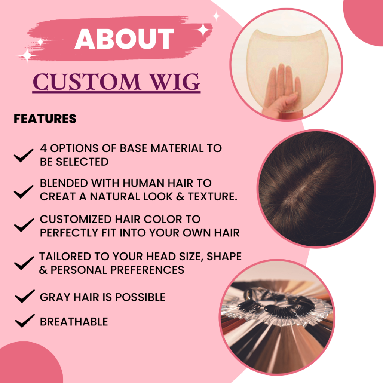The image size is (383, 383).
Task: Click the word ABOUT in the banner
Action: (x=124, y=39)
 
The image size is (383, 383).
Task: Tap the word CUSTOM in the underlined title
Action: (x=87, y=82)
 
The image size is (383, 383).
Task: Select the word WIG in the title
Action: (x=175, y=82)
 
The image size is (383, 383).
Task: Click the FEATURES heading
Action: (x=45, y=119)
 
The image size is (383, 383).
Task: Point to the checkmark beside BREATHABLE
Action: (x=25, y=321)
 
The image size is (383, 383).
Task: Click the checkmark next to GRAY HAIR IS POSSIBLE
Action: (x=25, y=296)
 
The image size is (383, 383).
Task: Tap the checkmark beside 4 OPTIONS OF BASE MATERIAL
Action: (x=24, y=155)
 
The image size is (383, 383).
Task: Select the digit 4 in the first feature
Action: (x=43, y=148)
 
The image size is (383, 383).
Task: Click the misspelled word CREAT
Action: (x=57, y=197)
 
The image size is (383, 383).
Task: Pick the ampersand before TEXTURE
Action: (x=180, y=197)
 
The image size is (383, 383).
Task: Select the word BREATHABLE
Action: (x=74, y=322)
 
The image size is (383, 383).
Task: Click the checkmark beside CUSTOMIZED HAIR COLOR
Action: (x=24, y=225)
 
